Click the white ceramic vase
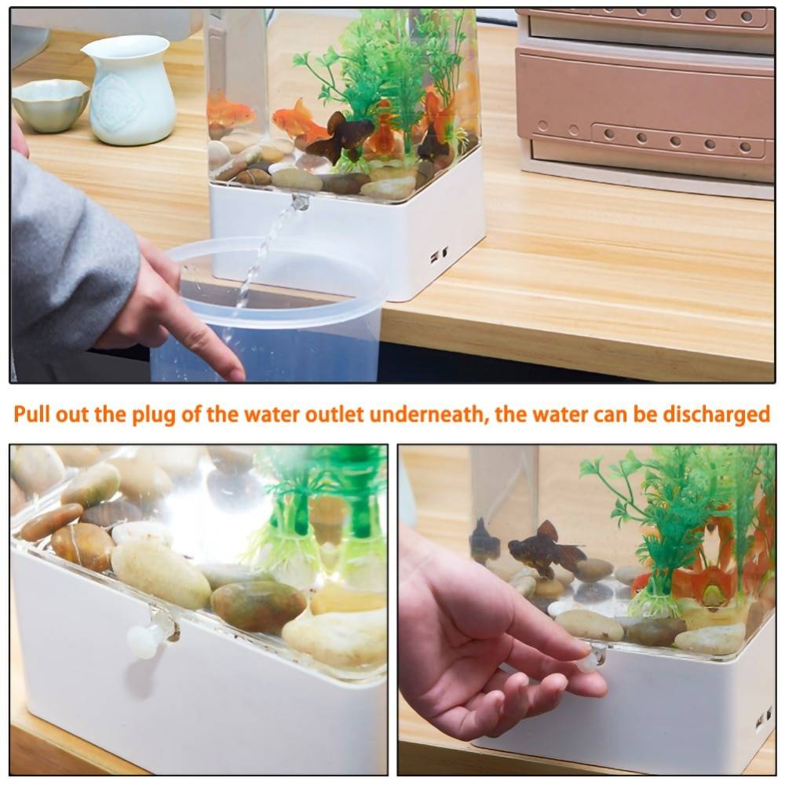130,89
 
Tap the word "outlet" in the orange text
334,414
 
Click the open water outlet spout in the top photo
300,202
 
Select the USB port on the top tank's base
434,257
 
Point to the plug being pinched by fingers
591,659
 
